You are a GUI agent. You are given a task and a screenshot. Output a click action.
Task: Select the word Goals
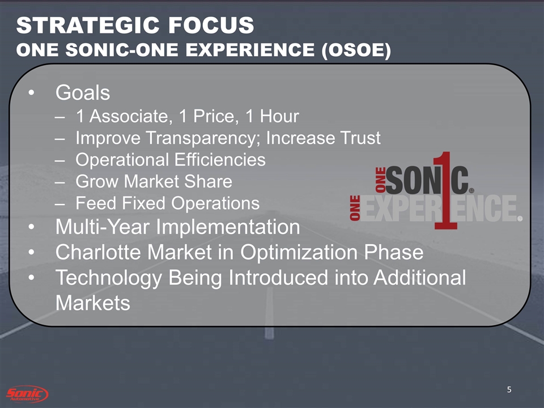(x=83, y=92)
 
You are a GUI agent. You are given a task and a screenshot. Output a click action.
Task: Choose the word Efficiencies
(x=220, y=160)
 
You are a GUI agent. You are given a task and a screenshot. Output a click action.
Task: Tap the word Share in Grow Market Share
(x=208, y=181)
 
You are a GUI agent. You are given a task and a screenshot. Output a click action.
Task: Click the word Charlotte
(x=99, y=252)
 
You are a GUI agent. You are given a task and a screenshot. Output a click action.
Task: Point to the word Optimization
(x=299, y=253)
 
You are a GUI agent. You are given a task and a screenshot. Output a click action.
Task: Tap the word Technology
(x=109, y=278)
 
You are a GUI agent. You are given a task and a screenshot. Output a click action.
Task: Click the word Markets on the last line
(x=92, y=303)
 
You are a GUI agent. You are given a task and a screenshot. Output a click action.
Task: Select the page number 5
(x=509, y=390)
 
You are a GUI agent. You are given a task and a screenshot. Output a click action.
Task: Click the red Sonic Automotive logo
(x=27, y=394)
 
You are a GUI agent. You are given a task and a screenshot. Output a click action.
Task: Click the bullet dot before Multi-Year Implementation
(x=32, y=227)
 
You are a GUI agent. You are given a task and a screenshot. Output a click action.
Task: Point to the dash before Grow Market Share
(x=59, y=182)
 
